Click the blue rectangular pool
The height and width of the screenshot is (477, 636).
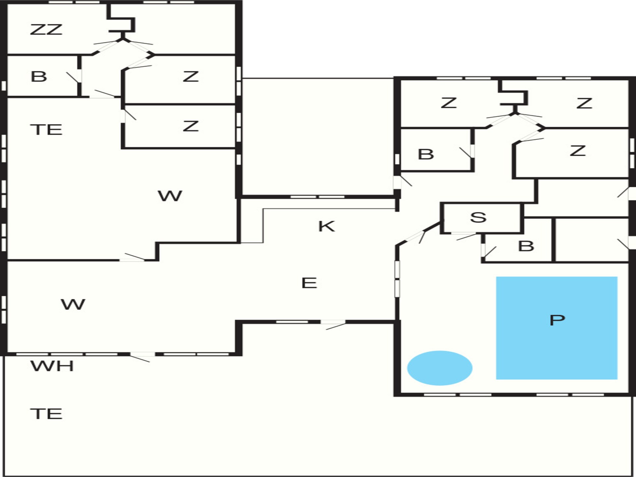tap(556, 328)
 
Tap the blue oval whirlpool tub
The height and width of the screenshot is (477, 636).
tap(440, 368)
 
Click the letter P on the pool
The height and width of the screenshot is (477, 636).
tap(557, 320)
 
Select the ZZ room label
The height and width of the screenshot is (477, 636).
tap(46, 29)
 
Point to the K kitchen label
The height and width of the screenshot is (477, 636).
tap(326, 226)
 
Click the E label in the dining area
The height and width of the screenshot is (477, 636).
tap(309, 283)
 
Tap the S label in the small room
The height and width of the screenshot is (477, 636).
tap(478, 217)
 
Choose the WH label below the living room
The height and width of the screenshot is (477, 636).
tap(52, 366)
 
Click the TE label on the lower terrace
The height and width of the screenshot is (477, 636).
tap(46, 414)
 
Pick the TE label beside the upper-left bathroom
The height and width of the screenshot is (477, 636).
tap(46, 130)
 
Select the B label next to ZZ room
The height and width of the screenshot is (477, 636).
tap(39, 77)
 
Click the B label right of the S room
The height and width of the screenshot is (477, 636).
tap(526, 246)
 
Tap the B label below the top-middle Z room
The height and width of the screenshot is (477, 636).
tap(426, 154)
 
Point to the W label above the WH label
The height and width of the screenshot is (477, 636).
tap(73, 304)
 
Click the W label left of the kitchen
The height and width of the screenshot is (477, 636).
tap(170, 196)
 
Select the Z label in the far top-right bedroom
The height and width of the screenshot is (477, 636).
tap(584, 103)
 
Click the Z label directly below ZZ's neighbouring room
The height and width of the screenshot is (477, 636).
tap(190, 77)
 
